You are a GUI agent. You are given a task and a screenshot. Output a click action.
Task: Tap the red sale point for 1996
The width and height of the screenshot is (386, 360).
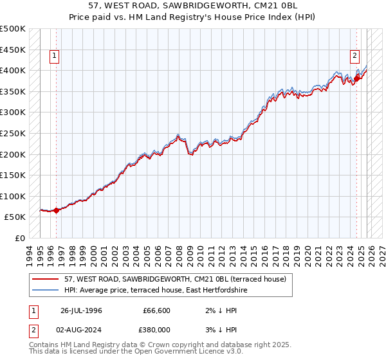[56, 210]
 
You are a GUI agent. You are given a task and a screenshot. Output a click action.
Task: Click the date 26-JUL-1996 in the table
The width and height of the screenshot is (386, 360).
[82, 310]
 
